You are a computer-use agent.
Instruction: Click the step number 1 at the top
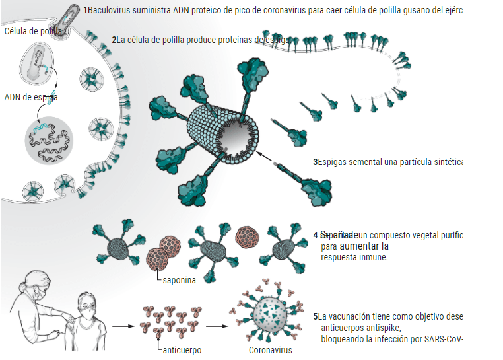click(86, 10)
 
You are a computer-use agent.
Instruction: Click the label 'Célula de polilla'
click(34, 32)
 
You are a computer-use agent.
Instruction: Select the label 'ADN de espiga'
click(31, 98)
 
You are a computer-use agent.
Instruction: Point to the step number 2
click(114, 40)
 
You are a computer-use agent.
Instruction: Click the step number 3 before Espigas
click(315, 162)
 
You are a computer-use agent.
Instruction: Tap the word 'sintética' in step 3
click(447, 162)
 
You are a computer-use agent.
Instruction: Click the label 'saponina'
click(178, 280)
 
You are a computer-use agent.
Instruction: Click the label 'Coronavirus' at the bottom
click(270, 350)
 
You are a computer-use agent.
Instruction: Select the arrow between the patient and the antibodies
click(123, 326)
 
